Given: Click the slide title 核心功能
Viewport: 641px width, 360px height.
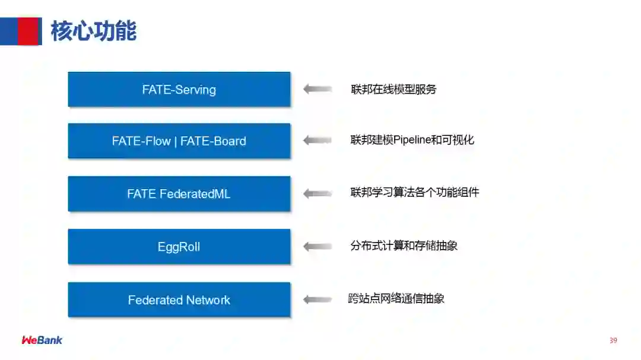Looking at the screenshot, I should pyautogui.click(x=94, y=31).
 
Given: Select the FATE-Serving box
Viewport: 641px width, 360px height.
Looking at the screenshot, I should pyautogui.click(x=179, y=90).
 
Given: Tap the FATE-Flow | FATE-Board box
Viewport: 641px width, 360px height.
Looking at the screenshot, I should pyautogui.click(x=179, y=141).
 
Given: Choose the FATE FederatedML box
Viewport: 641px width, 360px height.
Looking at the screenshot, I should pyautogui.click(x=179, y=194).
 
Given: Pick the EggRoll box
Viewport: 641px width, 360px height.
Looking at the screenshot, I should pyautogui.click(x=179, y=247).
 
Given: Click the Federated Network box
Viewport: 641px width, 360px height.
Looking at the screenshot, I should pyautogui.click(x=179, y=300).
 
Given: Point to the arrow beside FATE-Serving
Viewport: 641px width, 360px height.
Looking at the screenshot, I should pyautogui.click(x=318, y=89).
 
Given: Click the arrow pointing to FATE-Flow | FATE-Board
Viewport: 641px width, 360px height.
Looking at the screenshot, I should pyautogui.click(x=318, y=141).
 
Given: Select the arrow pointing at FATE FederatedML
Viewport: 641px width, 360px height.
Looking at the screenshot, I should pyautogui.click(x=318, y=193).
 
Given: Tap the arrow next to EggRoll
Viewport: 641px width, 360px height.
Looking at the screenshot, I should pyautogui.click(x=318, y=246).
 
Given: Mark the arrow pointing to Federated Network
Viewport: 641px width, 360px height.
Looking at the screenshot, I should pyautogui.click(x=318, y=299).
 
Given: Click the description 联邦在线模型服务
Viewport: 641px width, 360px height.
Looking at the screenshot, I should pyautogui.click(x=394, y=90).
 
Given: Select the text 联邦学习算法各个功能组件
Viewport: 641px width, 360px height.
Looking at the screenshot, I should pyautogui.click(x=414, y=192).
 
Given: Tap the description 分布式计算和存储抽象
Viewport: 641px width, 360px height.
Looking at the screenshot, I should pyautogui.click(x=404, y=246).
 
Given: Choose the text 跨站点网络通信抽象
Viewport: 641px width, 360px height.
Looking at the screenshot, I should pyautogui.click(x=396, y=298).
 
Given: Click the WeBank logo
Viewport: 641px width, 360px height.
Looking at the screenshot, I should pyautogui.click(x=42, y=340).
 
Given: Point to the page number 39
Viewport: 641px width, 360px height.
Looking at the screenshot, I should pyautogui.click(x=613, y=340).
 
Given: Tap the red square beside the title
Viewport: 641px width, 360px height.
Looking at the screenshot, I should pyautogui.click(x=28, y=31).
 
